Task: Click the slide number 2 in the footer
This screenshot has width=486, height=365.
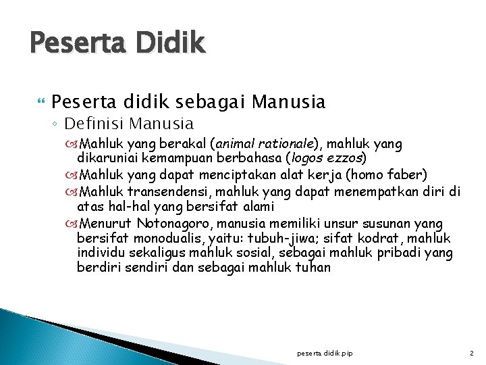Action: [471, 352]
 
